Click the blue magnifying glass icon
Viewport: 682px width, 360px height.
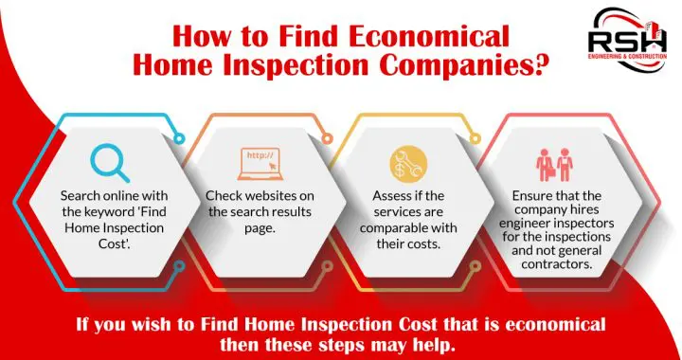(110, 162)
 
